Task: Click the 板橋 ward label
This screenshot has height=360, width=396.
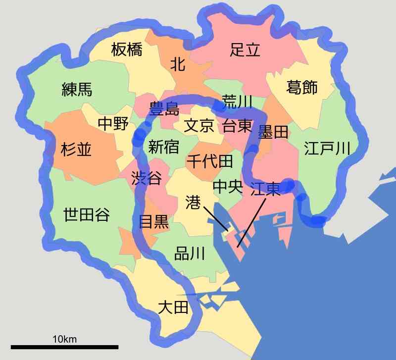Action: pos(126,50)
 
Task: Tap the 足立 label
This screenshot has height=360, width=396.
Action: pos(245,50)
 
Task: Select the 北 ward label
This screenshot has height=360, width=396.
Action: pos(177,64)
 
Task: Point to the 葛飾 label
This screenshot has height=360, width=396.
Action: pos(302,88)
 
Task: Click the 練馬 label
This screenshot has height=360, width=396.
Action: pos(77,89)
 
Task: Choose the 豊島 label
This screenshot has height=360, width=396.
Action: pos(164,108)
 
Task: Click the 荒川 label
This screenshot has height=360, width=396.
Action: pos(237,102)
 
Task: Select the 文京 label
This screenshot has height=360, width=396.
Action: pos(199,126)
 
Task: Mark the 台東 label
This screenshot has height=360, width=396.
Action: pos(237,126)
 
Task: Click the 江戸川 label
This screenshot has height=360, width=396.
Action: pos(327,148)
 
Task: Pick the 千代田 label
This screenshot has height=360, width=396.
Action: pos(209,161)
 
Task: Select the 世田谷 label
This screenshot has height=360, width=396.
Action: pos(87,215)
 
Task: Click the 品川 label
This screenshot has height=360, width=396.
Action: pos(190,255)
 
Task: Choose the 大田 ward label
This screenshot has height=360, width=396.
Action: pos(173,308)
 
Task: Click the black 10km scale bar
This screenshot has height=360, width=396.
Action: pos(64,346)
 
